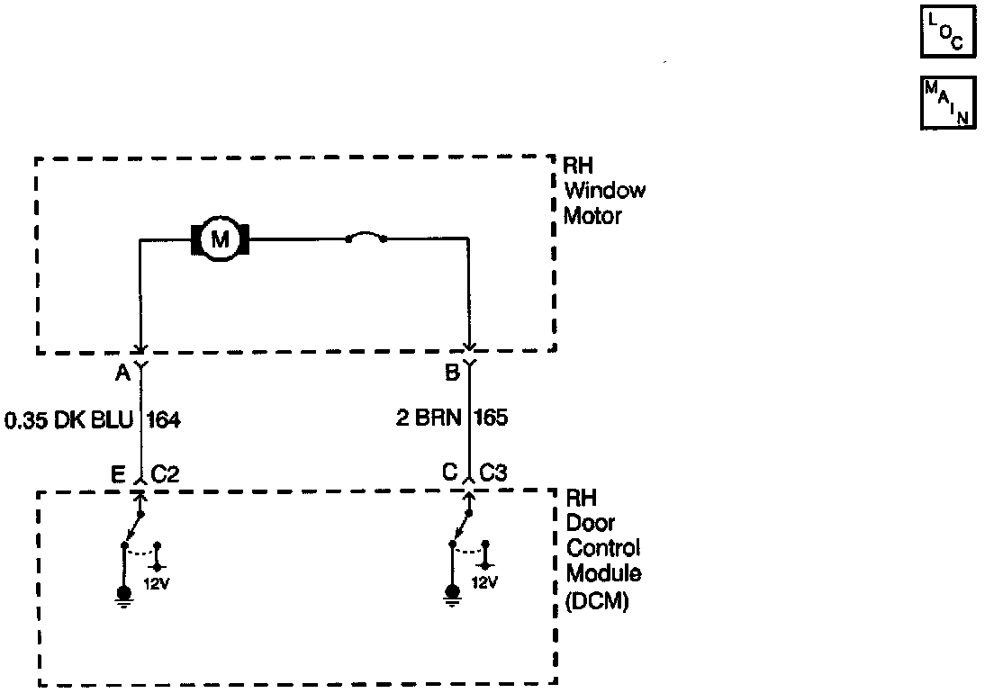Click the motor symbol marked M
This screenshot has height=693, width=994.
219,239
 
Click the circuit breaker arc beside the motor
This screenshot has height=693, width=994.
366,238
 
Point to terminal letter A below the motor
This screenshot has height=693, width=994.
122,372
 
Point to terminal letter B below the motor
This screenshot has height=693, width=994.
452,372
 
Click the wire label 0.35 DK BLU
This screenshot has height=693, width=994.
68,418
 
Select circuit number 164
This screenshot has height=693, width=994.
162,418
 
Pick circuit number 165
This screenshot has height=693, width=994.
491,418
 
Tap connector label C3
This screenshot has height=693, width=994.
493,473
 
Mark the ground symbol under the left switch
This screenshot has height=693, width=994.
124,595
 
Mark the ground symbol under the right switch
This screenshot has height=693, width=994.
451,595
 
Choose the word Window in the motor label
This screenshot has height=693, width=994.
604,191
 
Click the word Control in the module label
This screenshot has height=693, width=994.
601,549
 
